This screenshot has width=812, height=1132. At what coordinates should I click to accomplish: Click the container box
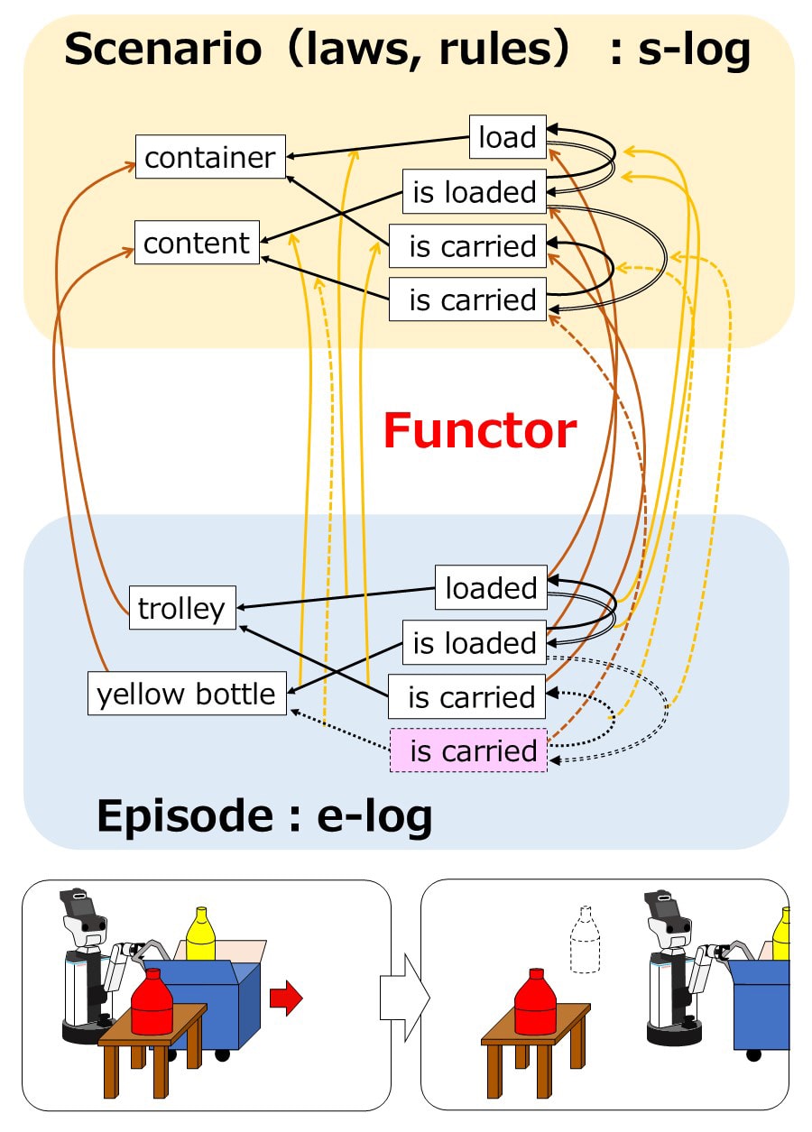(x=210, y=157)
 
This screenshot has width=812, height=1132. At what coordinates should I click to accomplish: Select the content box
(x=197, y=243)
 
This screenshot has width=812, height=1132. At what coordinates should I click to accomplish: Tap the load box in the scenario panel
(x=508, y=137)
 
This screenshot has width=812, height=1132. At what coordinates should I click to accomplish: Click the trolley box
(x=181, y=608)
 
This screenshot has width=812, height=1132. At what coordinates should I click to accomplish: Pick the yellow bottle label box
(x=187, y=694)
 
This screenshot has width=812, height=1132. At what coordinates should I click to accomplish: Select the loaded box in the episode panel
(x=491, y=587)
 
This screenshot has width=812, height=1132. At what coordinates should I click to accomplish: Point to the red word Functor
(x=479, y=430)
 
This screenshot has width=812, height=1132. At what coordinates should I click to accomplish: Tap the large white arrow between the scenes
(x=403, y=998)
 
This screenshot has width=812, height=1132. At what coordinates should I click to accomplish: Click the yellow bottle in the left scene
(x=200, y=934)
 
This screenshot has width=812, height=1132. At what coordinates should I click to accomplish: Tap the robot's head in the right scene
(x=669, y=918)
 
